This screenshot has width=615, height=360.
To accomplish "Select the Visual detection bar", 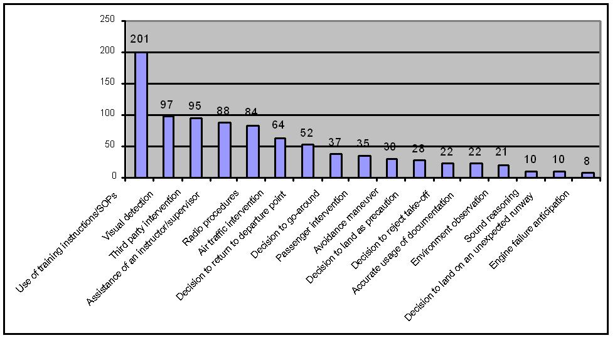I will click(169, 147).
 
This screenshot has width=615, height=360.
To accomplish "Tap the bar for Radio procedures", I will click(225, 150).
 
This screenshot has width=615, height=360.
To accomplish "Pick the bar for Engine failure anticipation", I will click(588, 175).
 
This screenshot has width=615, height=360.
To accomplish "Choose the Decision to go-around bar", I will click(308, 161).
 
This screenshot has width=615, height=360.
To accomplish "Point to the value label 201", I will click(139, 39).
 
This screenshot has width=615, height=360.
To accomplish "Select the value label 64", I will click(279, 125).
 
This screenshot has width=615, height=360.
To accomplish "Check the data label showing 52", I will click(306, 132).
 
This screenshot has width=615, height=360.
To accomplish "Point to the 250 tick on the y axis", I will click(107, 21).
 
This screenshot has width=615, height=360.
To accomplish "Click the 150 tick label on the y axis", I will click(107, 83).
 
